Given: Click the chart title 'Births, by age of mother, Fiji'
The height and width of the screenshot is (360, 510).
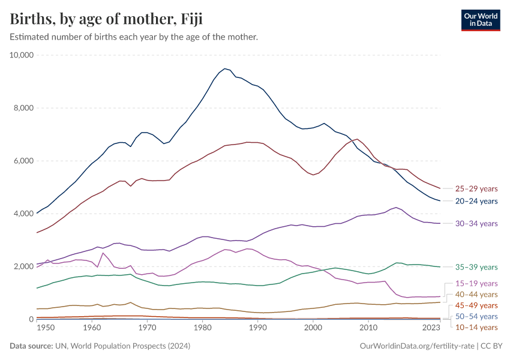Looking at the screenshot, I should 106,19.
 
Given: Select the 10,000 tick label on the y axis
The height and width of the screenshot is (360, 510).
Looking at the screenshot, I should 23,55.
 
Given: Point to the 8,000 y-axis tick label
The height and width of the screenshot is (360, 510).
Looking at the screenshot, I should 26,108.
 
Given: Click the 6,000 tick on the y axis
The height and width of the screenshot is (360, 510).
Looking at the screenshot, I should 26,161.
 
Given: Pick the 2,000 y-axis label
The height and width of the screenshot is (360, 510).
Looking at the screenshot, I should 26,266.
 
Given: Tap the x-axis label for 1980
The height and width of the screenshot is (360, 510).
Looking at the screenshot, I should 202,328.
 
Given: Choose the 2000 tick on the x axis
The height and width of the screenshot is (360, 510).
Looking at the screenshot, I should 313,328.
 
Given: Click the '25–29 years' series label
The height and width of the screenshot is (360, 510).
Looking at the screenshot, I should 476,188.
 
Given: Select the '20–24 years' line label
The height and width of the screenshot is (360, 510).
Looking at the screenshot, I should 476,201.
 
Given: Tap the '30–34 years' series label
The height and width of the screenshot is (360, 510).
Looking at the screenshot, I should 476,224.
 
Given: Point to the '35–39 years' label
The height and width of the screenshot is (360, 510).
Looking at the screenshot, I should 476,267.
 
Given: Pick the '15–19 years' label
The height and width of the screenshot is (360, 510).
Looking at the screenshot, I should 476,283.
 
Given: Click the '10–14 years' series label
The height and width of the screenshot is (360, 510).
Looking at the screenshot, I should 476,327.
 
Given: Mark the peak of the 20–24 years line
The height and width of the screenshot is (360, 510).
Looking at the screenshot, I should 224,68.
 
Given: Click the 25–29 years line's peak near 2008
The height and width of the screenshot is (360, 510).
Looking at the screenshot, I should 358,139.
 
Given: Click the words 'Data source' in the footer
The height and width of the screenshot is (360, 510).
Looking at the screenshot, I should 31,346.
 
